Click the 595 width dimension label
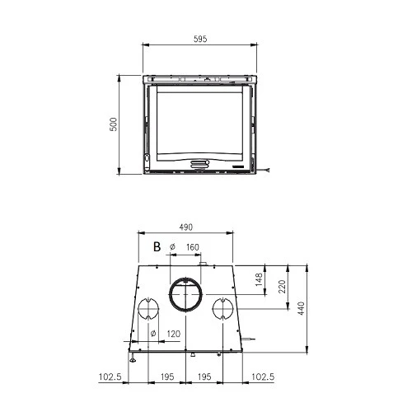[x=200, y=39]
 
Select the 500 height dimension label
[x=113, y=124]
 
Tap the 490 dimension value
[x=186, y=227]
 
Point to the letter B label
[x=157, y=246]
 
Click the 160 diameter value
[x=192, y=247]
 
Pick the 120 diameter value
[x=174, y=334]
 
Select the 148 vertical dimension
[x=259, y=279]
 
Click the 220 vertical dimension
[x=282, y=287]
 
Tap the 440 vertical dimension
[x=302, y=308]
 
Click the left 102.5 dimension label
[x=110, y=377]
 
